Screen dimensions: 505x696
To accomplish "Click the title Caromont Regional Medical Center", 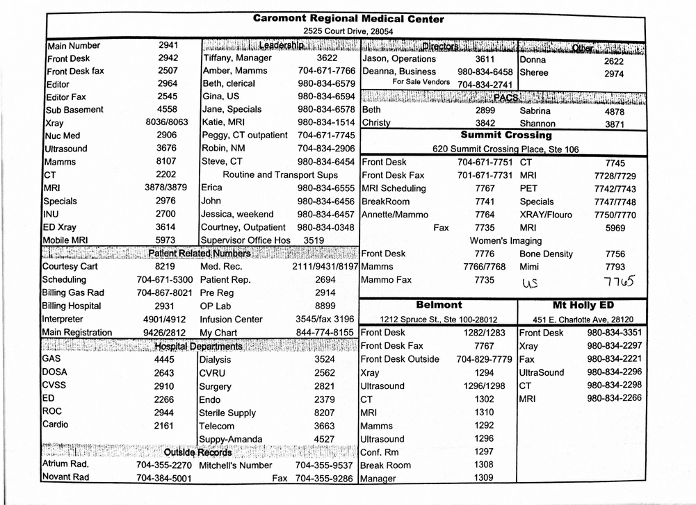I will click(x=348, y=19).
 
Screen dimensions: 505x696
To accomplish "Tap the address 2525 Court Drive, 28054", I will click(x=348, y=32).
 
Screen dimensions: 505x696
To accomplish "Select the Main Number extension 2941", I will click(x=168, y=45).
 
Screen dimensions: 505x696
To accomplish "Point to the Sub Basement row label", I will click(x=74, y=110).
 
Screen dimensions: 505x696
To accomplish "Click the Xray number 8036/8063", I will click(x=168, y=122).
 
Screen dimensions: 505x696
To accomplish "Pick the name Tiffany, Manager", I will click(x=237, y=58).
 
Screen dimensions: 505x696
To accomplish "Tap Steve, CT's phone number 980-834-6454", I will click(x=326, y=162).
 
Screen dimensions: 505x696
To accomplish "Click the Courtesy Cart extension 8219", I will click(x=165, y=266).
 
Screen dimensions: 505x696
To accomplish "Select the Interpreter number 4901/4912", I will click(x=165, y=320).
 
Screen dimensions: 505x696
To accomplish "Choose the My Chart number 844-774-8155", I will click(x=325, y=333).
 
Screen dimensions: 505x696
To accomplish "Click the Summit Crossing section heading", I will click(x=505, y=135).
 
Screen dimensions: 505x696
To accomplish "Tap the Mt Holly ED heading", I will click(x=583, y=305).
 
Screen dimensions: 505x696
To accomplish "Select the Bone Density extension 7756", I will click(x=615, y=254).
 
